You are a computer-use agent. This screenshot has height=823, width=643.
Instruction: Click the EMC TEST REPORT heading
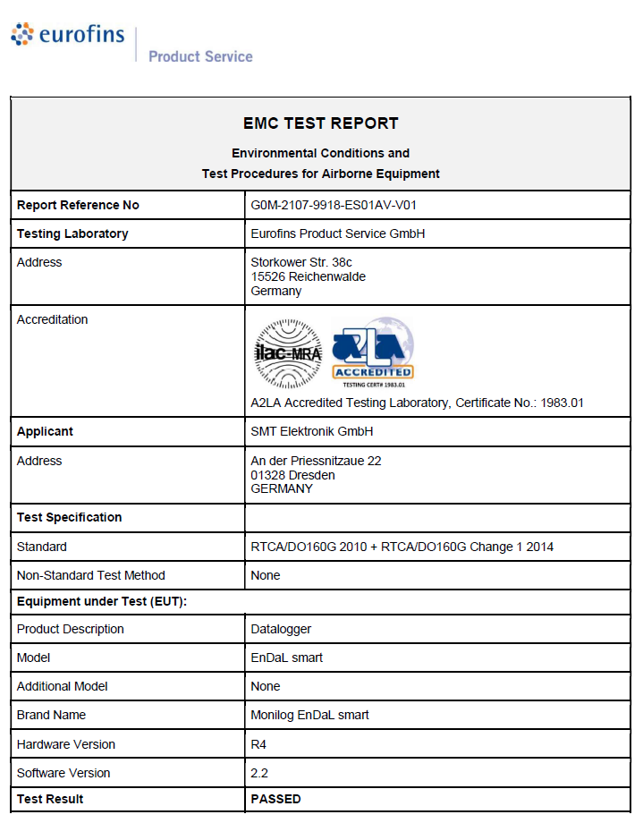(x=321, y=123)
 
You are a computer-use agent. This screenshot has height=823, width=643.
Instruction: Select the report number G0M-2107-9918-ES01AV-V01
(x=334, y=205)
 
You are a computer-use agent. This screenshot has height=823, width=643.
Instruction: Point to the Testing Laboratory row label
(x=72, y=233)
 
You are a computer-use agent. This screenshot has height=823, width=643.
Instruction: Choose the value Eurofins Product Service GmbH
(x=338, y=233)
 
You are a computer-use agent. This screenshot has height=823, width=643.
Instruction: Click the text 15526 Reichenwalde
(x=308, y=276)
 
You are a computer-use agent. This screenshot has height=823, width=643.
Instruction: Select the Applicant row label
(x=45, y=431)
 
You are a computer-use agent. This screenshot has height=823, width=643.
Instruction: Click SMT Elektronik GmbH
(x=312, y=431)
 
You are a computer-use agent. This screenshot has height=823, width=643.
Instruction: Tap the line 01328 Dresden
(x=293, y=475)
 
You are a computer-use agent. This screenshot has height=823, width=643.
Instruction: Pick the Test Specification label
(x=69, y=517)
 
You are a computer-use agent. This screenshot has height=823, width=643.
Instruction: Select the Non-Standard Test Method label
(x=91, y=575)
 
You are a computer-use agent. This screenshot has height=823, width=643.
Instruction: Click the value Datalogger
(x=282, y=629)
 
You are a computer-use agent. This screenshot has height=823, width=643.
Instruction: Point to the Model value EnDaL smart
(x=287, y=658)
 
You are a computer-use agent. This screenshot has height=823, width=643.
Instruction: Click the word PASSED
(x=276, y=799)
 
